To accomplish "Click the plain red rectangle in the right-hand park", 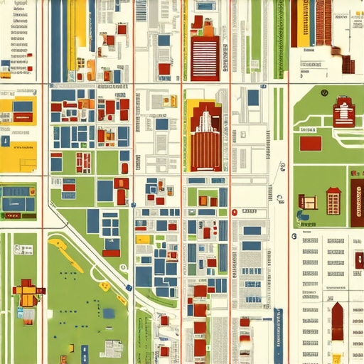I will pos(311,143).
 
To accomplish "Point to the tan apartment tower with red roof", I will pos(333,201).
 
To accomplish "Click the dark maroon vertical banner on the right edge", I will pos(357,203).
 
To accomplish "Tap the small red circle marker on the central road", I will pos(233,212).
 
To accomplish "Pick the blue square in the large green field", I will pos(109,313).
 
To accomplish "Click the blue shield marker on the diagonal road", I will pos(129,287).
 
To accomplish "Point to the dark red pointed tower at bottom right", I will pos(338,323).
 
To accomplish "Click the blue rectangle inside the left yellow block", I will pos(22,107).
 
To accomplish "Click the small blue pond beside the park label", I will pos(304,215).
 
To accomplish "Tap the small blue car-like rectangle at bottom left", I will pos(85,350).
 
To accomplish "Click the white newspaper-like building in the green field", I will pos(112,348).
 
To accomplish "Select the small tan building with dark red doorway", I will pos(307,201).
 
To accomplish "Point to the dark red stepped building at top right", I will pos(348,65).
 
